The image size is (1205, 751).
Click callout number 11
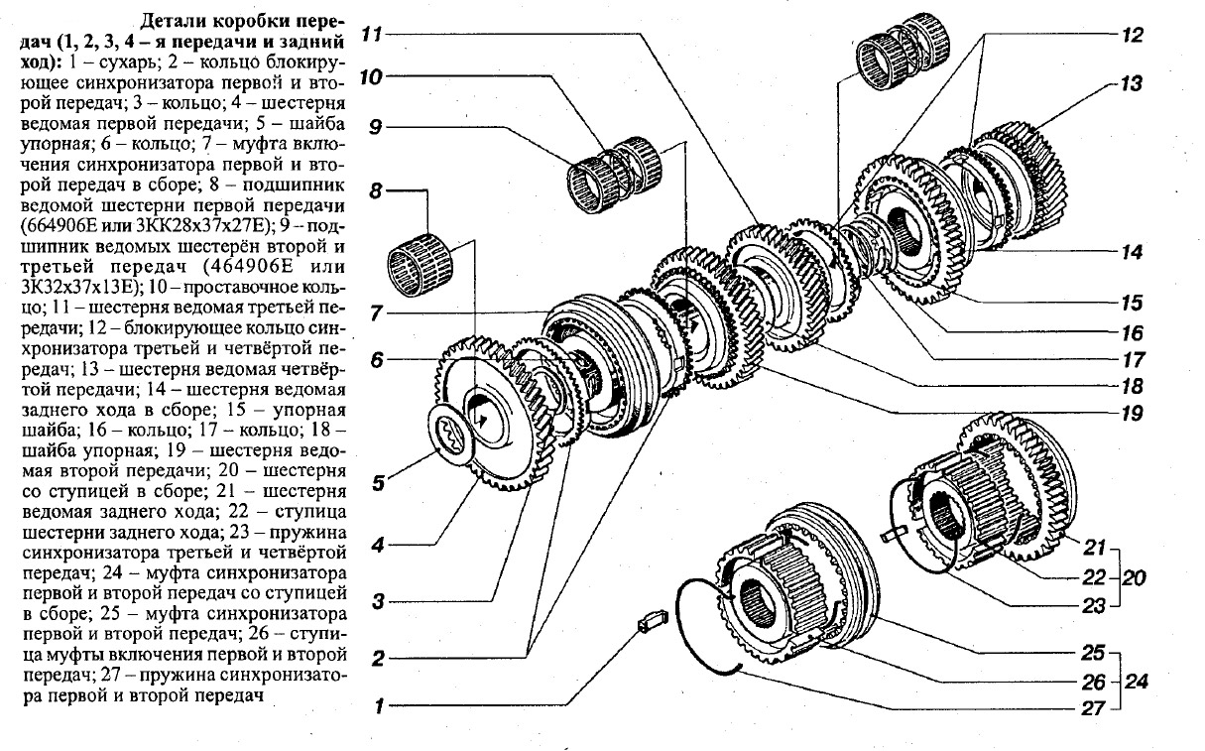pos(372,35)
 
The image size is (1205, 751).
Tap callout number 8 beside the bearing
pos(376,191)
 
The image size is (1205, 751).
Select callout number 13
pos(1132,83)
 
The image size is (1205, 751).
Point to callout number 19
pos(1132,414)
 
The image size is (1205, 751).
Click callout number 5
pos(378,482)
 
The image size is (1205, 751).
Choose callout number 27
pos(1093,708)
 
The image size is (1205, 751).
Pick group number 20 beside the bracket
pos(1134,578)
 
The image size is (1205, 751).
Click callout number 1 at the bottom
pos(379,705)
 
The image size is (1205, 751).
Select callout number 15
pos(1132,303)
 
